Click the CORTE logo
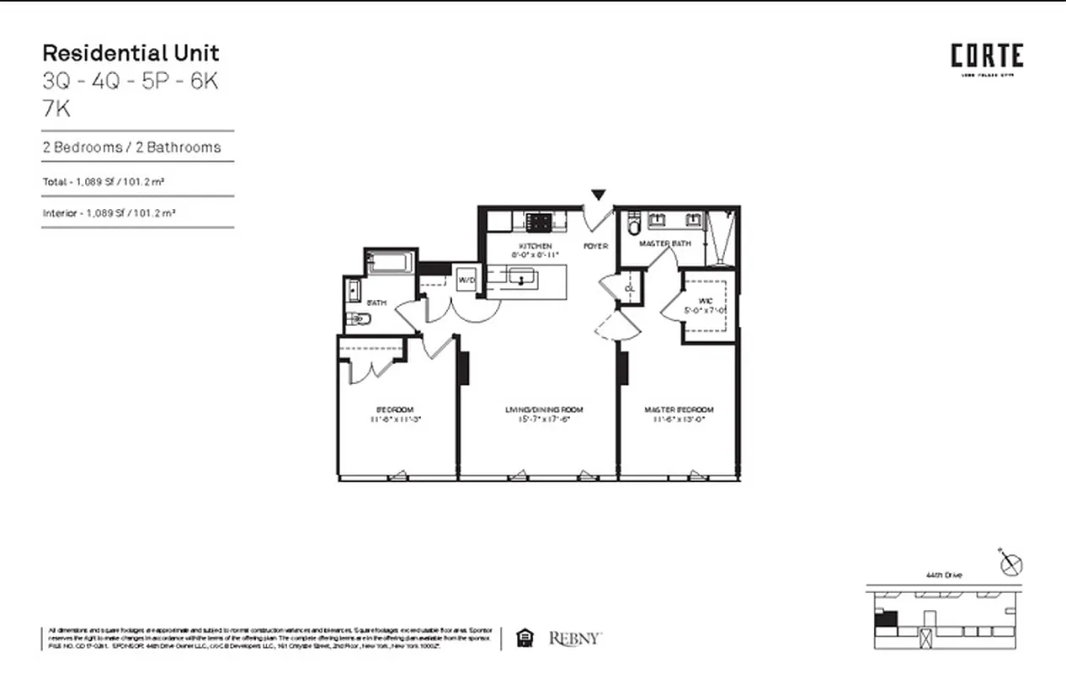pyautogui.click(x=987, y=56)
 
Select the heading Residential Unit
pyautogui.click(x=131, y=53)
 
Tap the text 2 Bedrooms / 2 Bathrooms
pyautogui.click(x=132, y=147)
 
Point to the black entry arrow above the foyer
pyautogui.click(x=598, y=195)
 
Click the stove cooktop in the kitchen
pyautogui.click(x=538, y=222)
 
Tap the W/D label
pyautogui.click(x=466, y=281)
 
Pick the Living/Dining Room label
pyautogui.click(x=543, y=410)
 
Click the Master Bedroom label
pyautogui.click(x=679, y=410)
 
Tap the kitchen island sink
pyautogui.click(x=520, y=276)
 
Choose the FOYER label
pyautogui.click(x=595, y=246)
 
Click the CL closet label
pyautogui.click(x=629, y=288)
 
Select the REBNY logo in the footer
pyautogui.click(x=575, y=639)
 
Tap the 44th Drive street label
pyautogui.click(x=943, y=575)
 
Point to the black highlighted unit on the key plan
pyautogui.click(x=883, y=620)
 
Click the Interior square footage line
pyautogui.click(x=109, y=213)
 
